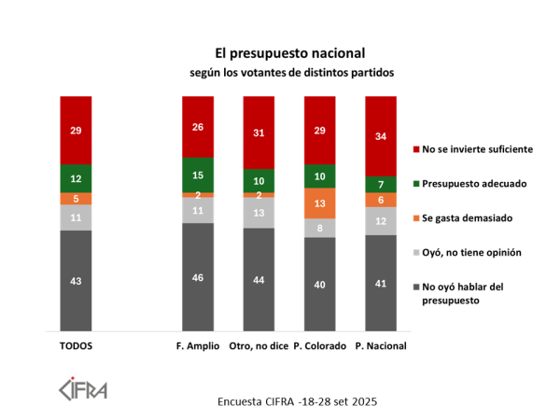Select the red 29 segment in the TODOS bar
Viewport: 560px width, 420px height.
[x=76, y=130]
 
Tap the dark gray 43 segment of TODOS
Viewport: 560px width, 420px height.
[x=76, y=281]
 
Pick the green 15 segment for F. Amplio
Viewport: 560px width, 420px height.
[x=197, y=175]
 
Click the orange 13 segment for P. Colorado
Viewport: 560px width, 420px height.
[x=319, y=203]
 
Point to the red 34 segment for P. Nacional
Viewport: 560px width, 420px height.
[x=381, y=135]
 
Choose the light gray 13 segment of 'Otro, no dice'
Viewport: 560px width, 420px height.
[x=258, y=213]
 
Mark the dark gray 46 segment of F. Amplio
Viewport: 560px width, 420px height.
[x=197, y=277]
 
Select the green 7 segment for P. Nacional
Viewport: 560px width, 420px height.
[x=381, y=183]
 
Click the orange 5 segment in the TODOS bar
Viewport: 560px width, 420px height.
[x=76, y=198]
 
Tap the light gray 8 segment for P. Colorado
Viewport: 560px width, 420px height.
[x=319, y=227]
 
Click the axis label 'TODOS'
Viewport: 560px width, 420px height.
[x=76, y=346]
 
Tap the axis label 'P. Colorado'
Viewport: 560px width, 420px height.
[x=319, y=346]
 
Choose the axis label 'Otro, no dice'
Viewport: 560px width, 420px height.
[x=258, y=346]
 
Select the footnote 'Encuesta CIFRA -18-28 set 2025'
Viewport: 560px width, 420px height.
[x=297, y=401]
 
